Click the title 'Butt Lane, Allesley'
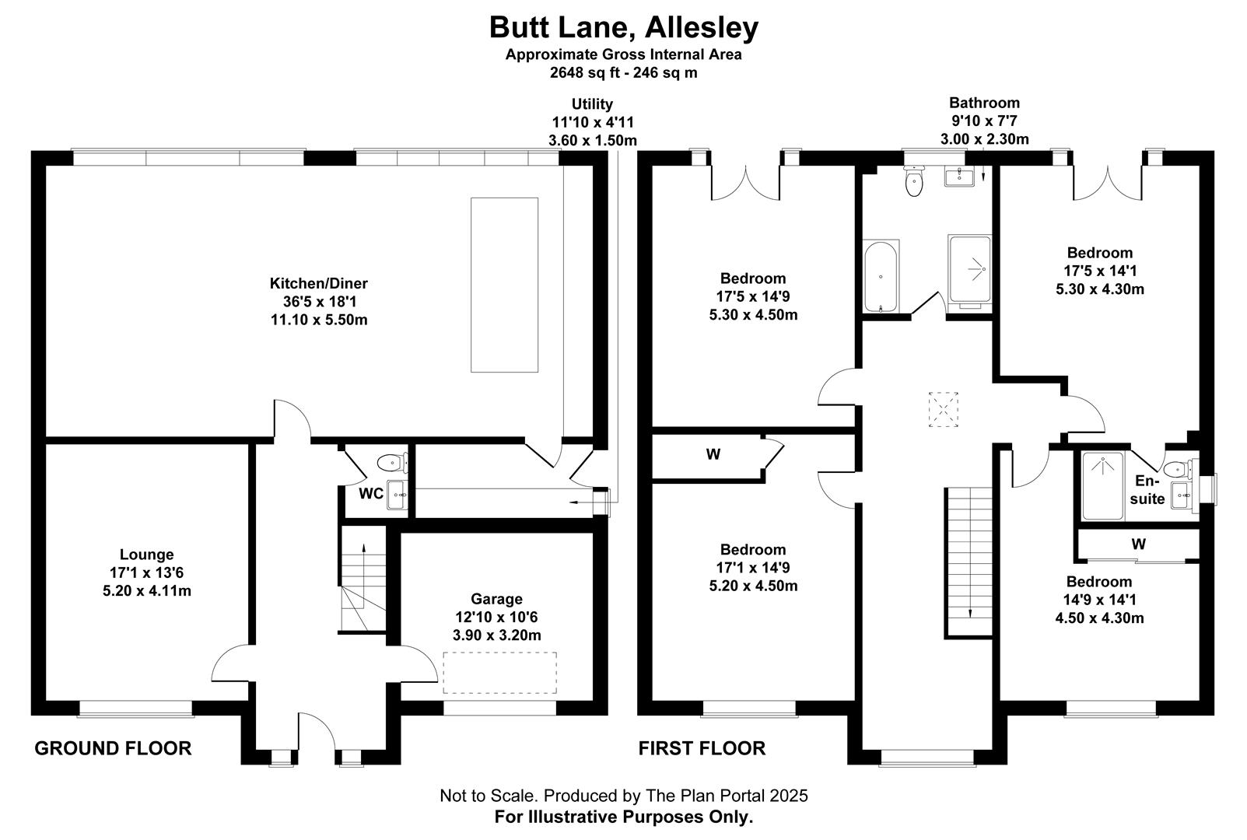pyautogui.click(x=623, y=27)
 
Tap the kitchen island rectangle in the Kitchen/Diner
pyautogui.click(x=504, y=285)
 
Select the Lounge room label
pyautogui.click(x=146, y=555)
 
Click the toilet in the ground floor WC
pyautogui.click(x=391, y=464)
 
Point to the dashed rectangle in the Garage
pyautogui.click(x=499, y=673)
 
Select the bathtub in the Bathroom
pyautogui.click(x=881, y=276)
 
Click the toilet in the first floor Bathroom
pyautogui.click(x=914, y=182)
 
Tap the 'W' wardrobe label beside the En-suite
pyautogui.click(x=1138, y=544)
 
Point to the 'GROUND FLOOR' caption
pyautogui.click(x=113, y=748)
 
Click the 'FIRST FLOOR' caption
pyautogui.click(x=702, y=748)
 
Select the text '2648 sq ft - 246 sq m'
pyautogui.click(x=623, y=73)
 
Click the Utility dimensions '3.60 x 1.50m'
pyautogui.click(x=592, y=140)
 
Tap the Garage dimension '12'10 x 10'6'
pyautogui.click(x=496, y=617)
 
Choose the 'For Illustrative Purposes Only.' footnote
pyautogui.click(x=623, y=817)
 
